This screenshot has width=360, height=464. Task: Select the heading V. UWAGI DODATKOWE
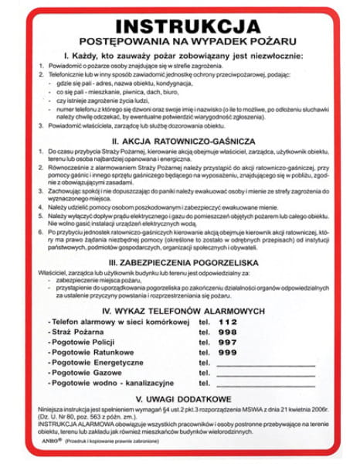coord(179,401)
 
